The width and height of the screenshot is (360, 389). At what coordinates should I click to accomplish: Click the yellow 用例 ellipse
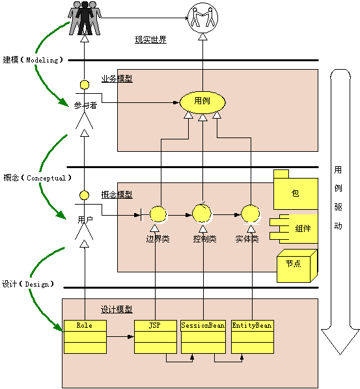click(x=202, y=102)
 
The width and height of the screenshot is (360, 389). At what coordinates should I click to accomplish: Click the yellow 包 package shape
click(x=295, y=190)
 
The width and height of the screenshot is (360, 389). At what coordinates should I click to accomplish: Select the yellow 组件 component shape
click(x=298, y=229)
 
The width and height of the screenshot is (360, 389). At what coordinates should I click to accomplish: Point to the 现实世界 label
click(x=150, y=40)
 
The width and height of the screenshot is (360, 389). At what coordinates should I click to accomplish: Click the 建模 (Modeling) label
click(x=33, y=60)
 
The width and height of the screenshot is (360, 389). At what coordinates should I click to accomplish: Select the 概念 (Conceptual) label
click(x=36, y=177)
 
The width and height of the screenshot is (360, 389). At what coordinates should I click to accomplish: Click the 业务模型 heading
click(x=117, y=78)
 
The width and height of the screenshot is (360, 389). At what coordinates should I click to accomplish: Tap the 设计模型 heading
click(x=117, y=309)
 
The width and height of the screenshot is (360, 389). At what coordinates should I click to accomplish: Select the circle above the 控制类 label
click(x=202, y=213)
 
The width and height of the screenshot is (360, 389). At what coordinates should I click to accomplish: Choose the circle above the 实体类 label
click(x=249, y=214)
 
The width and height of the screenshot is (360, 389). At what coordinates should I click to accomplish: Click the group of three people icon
click(x=85, y=17)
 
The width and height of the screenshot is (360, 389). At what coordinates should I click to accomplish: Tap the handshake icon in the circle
click(x=202, y=17)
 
